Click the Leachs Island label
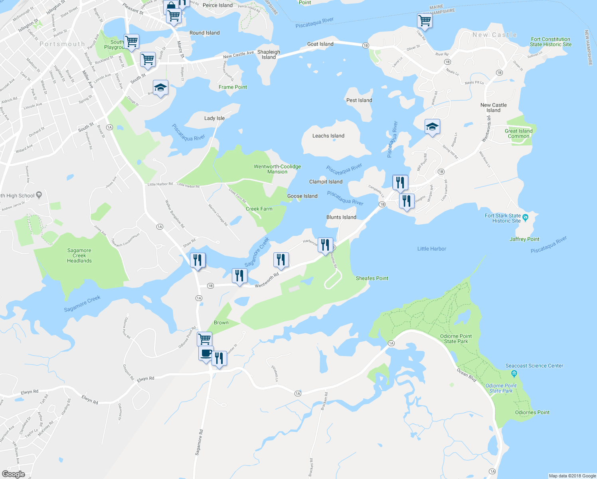click(x=328, y=136)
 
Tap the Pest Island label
click(x=359, y=100)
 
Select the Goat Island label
click(x=320, y=44)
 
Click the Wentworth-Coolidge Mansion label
click(x=277, y=169)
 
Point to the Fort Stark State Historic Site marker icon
click(x=525, y=218)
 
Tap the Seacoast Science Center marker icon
click(x=514, y=374)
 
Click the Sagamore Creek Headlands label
click(x=79, y=255)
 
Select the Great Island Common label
click(x=518, y=133)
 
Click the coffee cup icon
click(x=206, y=354)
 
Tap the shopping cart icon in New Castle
click(x=425, y=20)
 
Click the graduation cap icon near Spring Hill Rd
click(x=432, y=127)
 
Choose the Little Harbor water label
click(x=431, y=249)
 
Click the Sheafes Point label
click(x=372, y=278)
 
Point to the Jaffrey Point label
click(x=524, y=239)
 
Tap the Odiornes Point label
click(x=532, y=412)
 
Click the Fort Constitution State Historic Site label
click(x=551, y=42)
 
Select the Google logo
click(x=13, y=474)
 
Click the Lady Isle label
click(x=214, y=118)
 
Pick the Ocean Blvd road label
click(x=467, y=375)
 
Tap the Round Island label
click(x=204, y=33)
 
